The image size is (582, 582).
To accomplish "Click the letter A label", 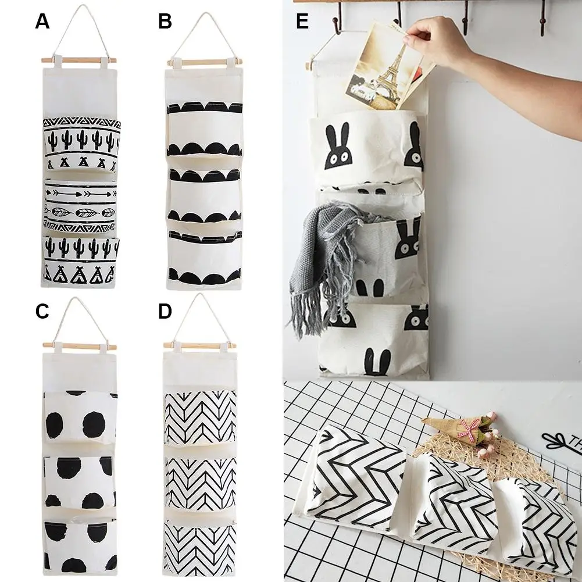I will click(42, 22).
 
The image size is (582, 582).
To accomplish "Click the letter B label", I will click(165, 22).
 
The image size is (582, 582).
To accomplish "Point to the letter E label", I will click(302, 22).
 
